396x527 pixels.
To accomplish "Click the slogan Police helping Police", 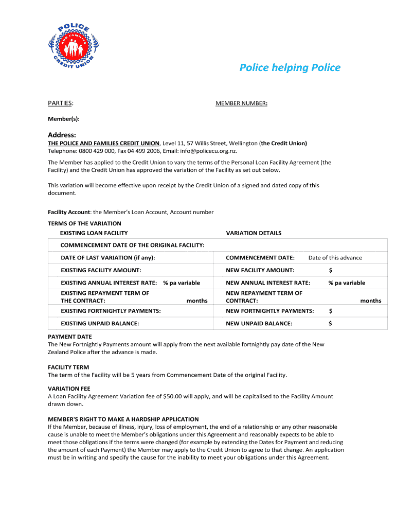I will [290, 67].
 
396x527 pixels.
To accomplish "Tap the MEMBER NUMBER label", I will [241, 104].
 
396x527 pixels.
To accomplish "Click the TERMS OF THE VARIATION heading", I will [84, 223].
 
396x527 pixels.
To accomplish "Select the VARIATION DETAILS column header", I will [254, 233].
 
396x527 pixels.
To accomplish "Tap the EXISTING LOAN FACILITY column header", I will [94, 233].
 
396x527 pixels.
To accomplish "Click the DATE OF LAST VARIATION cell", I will [108, 258].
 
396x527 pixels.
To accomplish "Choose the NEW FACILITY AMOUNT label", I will [260, 270].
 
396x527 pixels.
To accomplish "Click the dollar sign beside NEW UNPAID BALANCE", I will [330, 324].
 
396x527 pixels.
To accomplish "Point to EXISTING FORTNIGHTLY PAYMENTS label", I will [111, 311].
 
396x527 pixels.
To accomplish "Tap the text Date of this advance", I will [335, 258].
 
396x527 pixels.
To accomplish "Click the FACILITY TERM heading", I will [68, 367].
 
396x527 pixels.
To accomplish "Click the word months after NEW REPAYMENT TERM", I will [370, 301].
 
